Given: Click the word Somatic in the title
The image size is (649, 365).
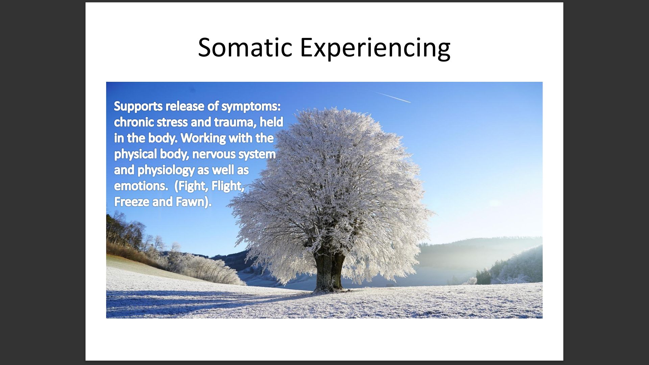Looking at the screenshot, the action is (x=245, y=47).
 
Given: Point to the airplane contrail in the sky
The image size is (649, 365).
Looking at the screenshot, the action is (x=391, y=97).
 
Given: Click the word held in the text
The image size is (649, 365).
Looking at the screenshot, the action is (x=271, y=122).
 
